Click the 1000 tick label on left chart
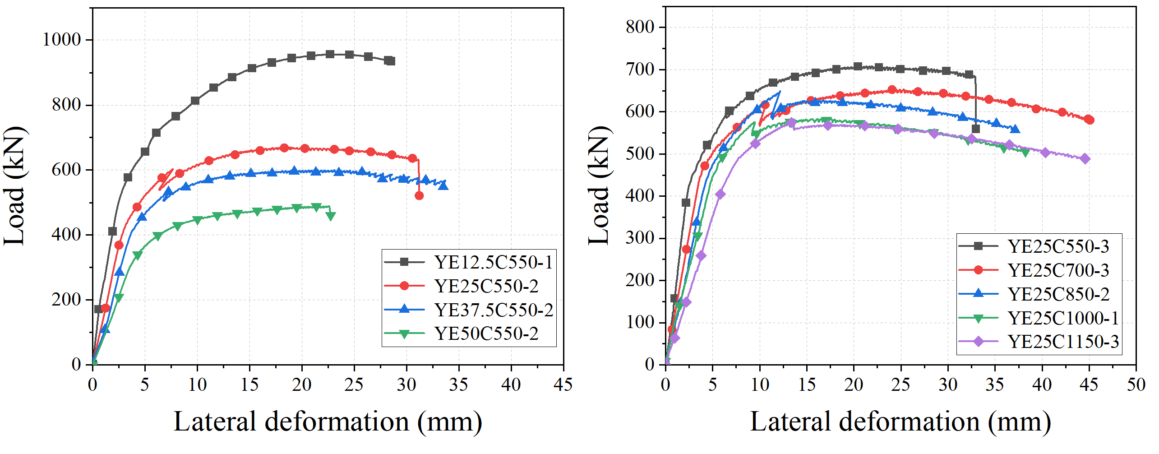[x=61, y=40]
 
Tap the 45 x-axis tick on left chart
[x=563, y=385]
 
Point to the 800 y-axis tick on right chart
[x=640, y=27]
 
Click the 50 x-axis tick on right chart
[x=1136, y=385]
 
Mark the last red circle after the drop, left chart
[x=419, y=196]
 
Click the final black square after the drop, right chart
[x=976, y=129]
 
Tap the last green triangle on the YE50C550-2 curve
[x=331, y=216]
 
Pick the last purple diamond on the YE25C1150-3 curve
[x=1085, y=159]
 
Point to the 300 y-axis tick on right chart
[x=640, y=238]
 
